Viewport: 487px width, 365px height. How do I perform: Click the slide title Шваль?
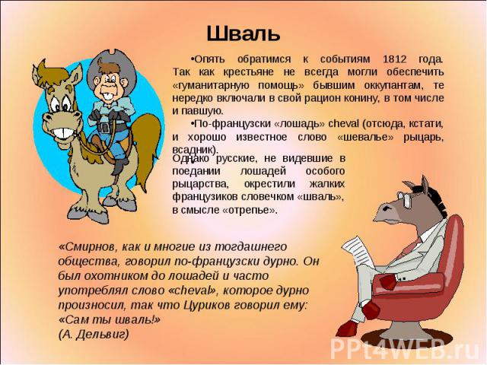click(243, 33)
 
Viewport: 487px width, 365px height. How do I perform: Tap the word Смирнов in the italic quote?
click(86, 246)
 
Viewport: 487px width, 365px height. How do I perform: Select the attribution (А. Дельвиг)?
click(94, 334)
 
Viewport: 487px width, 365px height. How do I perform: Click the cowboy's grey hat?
click(111, 67)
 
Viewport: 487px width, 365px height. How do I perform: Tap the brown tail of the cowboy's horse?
click(148, 146)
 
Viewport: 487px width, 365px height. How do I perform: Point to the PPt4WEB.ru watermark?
click(405, 348)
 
